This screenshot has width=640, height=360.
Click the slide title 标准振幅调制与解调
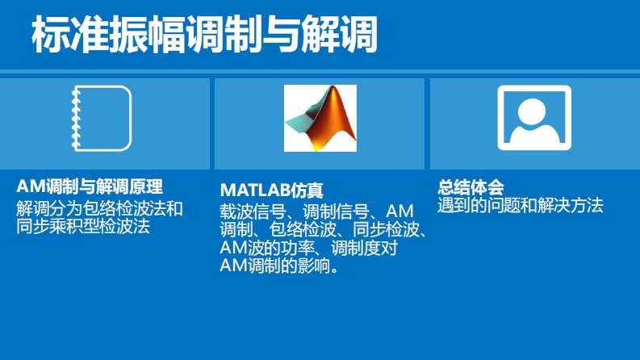(204, 34)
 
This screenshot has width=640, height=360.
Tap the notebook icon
(102, 119)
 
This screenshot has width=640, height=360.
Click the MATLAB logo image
(320, 118)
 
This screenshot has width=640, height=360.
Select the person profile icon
(534, 118)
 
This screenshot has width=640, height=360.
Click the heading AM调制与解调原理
(90, 187)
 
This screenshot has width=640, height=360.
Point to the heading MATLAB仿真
(271, 190)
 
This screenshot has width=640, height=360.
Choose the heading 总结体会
(471, 187)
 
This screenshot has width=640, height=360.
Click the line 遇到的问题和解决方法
(521, 205)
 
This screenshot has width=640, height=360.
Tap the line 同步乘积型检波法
(83, 226)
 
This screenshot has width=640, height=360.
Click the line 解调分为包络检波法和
(99, 208)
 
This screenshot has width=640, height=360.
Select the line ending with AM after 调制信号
(316, 211)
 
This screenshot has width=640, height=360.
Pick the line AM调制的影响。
(279, 266)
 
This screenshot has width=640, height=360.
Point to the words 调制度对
(364, 248)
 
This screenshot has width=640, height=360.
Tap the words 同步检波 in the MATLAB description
(386, 230)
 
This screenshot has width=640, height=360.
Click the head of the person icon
(531, 112)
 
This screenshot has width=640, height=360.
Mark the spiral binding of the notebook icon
(76, 118)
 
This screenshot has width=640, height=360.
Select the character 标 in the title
(51, 34)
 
